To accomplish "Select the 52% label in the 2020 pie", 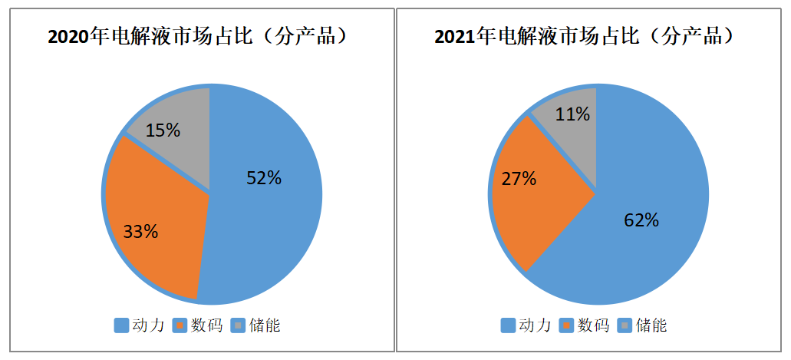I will coord(264,178).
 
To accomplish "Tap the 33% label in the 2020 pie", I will coord(140,231).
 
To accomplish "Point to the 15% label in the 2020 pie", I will coord(163,130).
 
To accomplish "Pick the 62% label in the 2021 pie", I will coord(641,220).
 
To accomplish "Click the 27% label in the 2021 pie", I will coord(519,179).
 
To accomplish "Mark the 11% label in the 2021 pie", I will coord(572,114).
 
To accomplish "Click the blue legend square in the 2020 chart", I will coord(121,325).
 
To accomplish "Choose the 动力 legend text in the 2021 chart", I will coord(535,325).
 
